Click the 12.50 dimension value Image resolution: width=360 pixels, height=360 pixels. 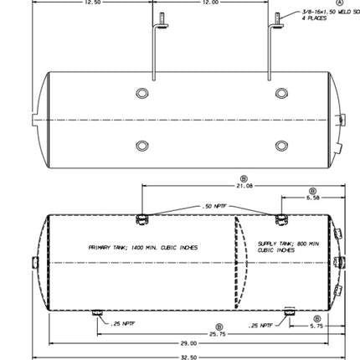click(x=90, y=3)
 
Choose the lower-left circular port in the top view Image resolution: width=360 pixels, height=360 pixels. click(x=141, y=147)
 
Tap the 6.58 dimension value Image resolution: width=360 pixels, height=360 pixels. click(x=312, y=198)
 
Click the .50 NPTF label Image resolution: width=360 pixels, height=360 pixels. click(x=214, y=205)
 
